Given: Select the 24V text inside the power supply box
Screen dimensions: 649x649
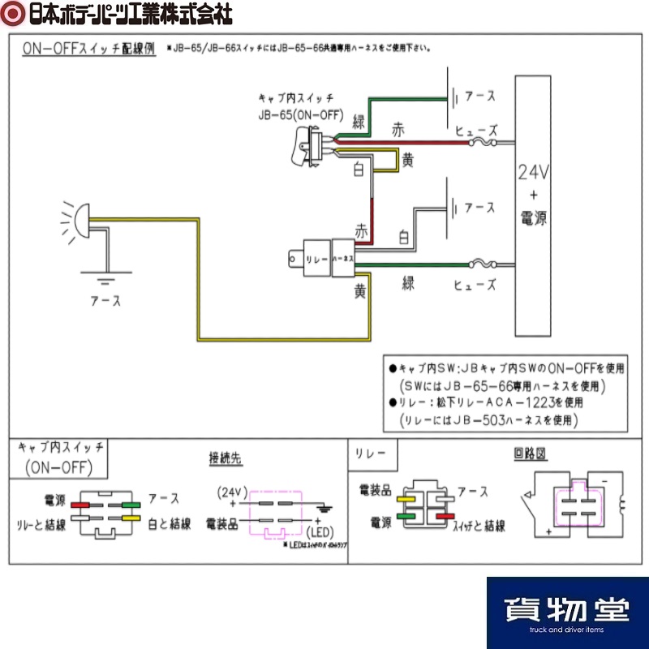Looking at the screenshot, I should point(534,173).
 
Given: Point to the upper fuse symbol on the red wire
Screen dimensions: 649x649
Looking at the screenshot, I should point(487,144).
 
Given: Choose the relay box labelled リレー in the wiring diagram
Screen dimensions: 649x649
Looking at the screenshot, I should point(316,256).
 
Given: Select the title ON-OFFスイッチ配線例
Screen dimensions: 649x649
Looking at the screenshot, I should point(88,49).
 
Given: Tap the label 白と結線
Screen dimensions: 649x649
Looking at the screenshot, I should point(170,524).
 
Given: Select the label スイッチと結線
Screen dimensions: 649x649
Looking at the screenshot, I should point(479,526).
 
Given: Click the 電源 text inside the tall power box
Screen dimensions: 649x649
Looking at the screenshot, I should point(534,217).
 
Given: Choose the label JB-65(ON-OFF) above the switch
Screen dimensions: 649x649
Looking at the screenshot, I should point(302,114).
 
